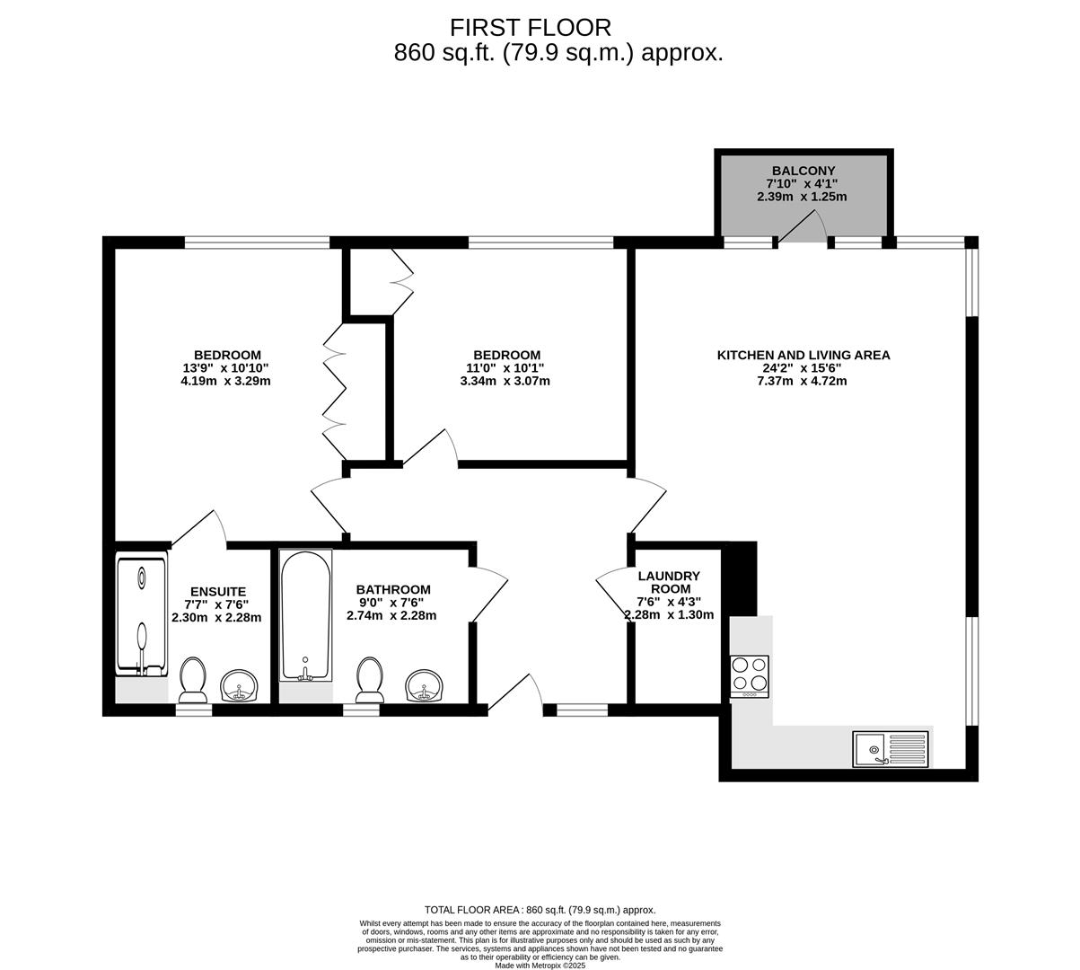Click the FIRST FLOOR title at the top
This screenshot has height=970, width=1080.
(531, 28)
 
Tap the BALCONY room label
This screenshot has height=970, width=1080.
(803, 171)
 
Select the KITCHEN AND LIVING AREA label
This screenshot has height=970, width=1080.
(803, 355)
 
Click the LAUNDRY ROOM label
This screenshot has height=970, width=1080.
(669, 582)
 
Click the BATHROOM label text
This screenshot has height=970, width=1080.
(392, 590)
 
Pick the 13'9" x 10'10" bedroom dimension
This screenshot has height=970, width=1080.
(226, 367)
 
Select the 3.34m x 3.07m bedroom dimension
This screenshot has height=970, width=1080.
(505, 381)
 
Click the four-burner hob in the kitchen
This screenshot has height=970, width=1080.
(751, 676)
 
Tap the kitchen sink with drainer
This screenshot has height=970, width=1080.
(891, 748)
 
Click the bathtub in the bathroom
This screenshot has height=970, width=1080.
(305, 615)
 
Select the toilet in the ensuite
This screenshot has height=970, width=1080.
(193, 680)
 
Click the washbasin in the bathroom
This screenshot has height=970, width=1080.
(425, 685)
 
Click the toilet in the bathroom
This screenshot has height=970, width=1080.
(369, 680)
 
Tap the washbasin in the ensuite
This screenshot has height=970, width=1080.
(239, 686)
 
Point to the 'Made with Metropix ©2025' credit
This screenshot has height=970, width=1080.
(540, 966)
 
